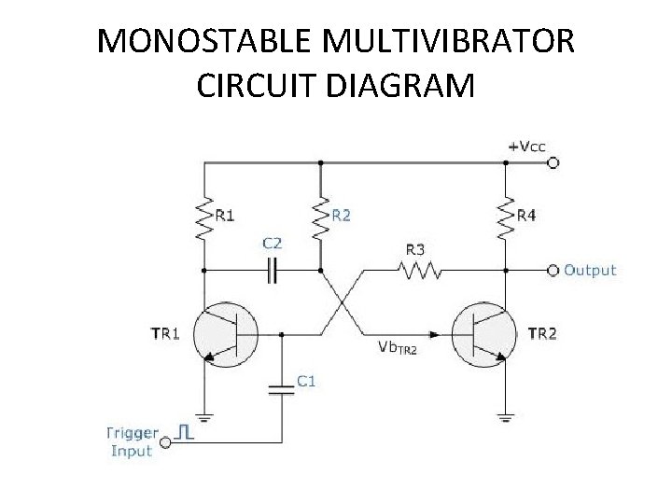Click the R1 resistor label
[225, 216]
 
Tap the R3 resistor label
[415, 249]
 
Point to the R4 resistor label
[526, 216]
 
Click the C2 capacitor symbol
[272, 271]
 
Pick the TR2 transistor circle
[483, 333]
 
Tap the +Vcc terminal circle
[553, 162]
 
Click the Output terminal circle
[553, 271]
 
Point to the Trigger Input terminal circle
[166, 442]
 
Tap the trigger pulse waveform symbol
[186, 433]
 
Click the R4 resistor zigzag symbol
[506, 217]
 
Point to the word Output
[590, 271]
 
